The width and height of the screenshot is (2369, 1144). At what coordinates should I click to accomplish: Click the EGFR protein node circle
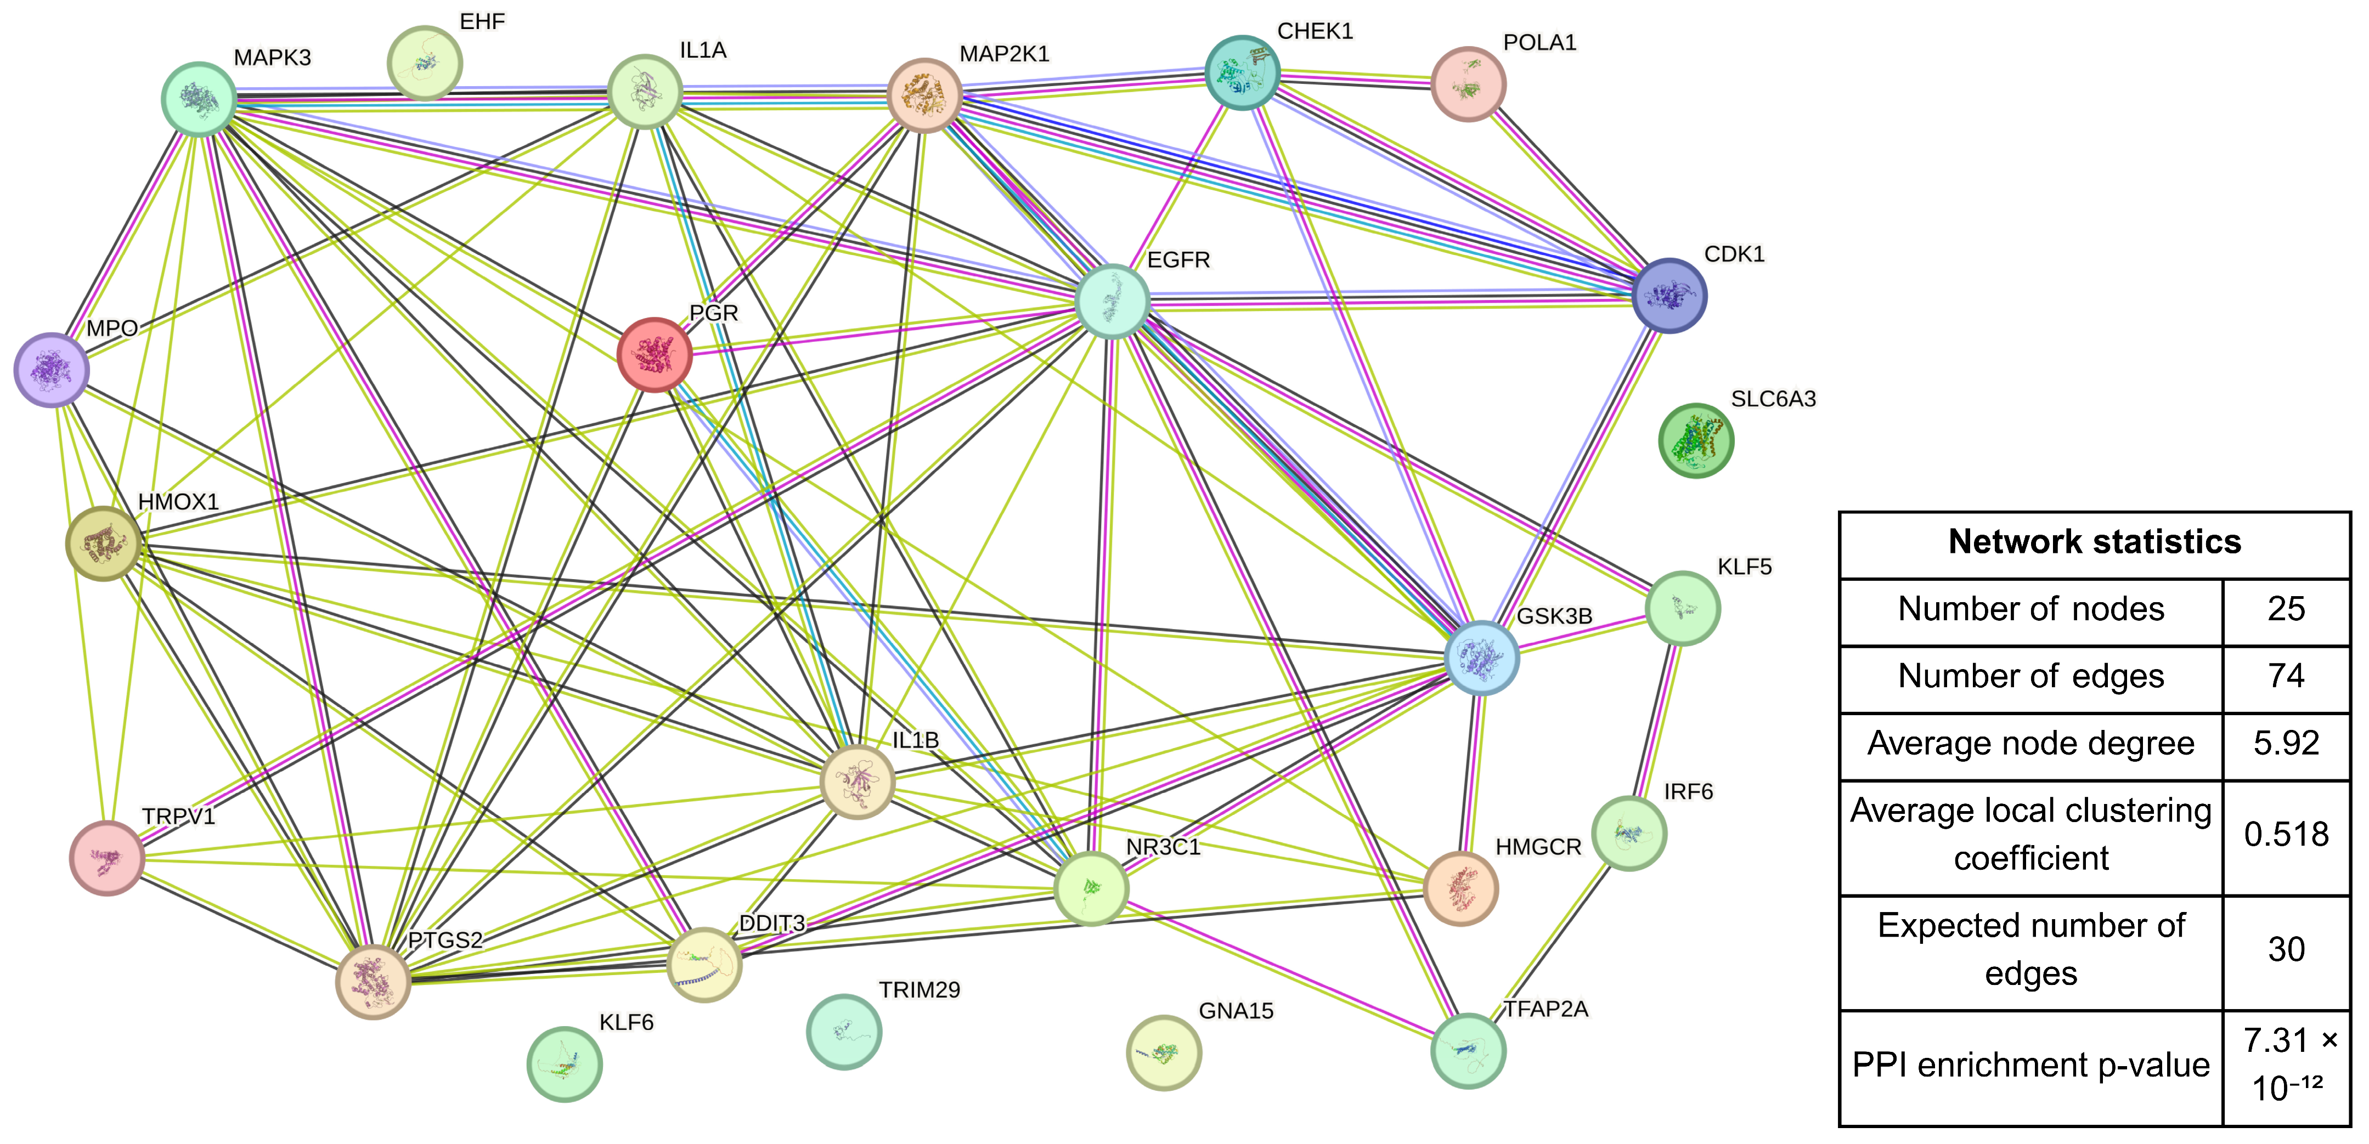pos(1113,302)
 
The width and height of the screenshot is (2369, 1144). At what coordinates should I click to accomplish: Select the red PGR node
pos(654,355)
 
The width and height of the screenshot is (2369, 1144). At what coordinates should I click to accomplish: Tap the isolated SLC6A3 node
pos(1696,440)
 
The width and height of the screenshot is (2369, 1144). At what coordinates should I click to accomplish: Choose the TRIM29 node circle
pos(843,1032)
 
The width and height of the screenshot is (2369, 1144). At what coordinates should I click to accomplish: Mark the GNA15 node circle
pos(1164,1053)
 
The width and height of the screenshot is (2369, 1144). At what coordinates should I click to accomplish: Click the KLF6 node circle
pos(565,1064)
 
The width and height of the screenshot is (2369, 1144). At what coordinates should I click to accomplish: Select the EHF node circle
pos(424,63)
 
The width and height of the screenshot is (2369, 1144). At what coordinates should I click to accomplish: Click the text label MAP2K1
pos(1004,54)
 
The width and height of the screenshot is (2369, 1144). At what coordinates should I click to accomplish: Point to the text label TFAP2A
pos(1546,1009)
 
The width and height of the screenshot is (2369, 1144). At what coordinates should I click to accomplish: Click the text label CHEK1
pos(1315,31)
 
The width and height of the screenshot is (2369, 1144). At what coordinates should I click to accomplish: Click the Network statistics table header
pos(2094,542)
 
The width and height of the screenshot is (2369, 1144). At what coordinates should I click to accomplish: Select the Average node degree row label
pos(2030,744)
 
